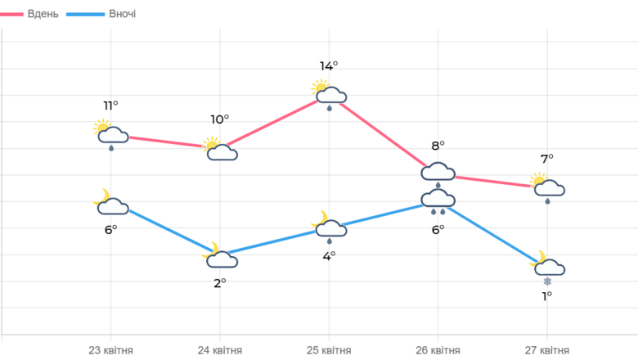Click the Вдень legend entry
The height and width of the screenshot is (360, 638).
[29, 14]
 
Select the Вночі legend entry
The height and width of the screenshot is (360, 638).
[101, 14]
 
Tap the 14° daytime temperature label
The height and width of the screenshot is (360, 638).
[329, 66]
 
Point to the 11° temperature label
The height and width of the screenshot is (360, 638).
[110, 106]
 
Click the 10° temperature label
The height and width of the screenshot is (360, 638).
[220, 119]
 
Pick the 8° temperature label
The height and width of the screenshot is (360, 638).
[438, 146]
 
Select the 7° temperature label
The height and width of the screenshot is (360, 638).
[547, 159]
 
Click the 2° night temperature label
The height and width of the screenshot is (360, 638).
[220, 283]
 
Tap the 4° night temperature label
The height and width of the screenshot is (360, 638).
[329, 256]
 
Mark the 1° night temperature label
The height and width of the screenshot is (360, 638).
[547, 296]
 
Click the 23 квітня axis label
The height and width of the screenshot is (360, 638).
[110, 350]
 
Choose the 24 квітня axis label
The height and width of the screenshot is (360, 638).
[220, 350]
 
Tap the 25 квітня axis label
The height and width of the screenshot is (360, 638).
[329, 350]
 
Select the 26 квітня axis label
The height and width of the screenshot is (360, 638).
[438, 350]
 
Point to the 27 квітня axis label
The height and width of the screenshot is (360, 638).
[547, 350]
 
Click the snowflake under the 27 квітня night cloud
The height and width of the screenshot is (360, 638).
[547, 281]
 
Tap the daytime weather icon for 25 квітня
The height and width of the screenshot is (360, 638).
[329, 95]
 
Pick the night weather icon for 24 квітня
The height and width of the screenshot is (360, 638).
[220, 255]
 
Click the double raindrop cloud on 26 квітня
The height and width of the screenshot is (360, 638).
[438, 202]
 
